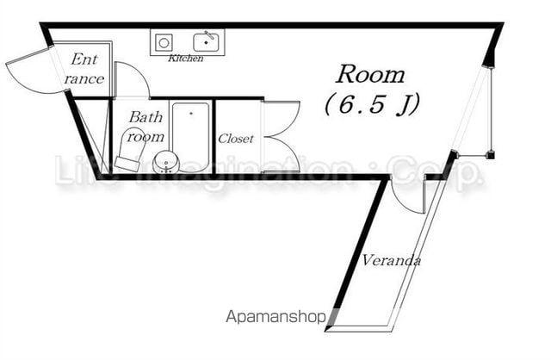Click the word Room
(370, 75)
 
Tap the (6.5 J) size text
(372, 104)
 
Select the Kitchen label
(186, 59)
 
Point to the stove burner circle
(164, 43)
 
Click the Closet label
(235, 139)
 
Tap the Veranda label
(392, 260)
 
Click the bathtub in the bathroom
(191, 137)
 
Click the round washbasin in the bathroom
(166, 162)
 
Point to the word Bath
(145, 117)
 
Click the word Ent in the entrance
(84, 59)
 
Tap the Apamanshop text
(275, 317)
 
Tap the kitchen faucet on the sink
(210, 35)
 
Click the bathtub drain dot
(191, 113)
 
